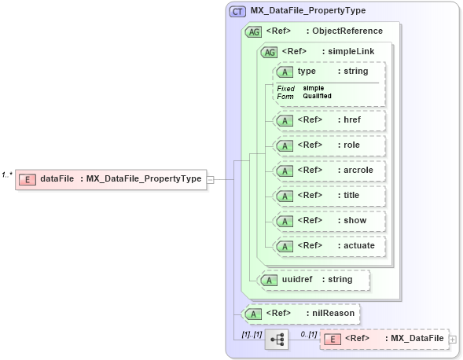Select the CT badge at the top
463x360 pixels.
(237, 11)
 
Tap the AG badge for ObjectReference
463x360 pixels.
(253, 31)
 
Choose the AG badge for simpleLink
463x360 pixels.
(269, 52)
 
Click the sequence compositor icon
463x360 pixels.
(277, 339)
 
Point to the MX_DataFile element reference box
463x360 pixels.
(385, 339)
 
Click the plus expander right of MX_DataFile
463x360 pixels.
(453, 339)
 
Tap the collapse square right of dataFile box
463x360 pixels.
(211, 179)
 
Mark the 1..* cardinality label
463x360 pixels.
(7, 174)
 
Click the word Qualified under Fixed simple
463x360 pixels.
(318, 96)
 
